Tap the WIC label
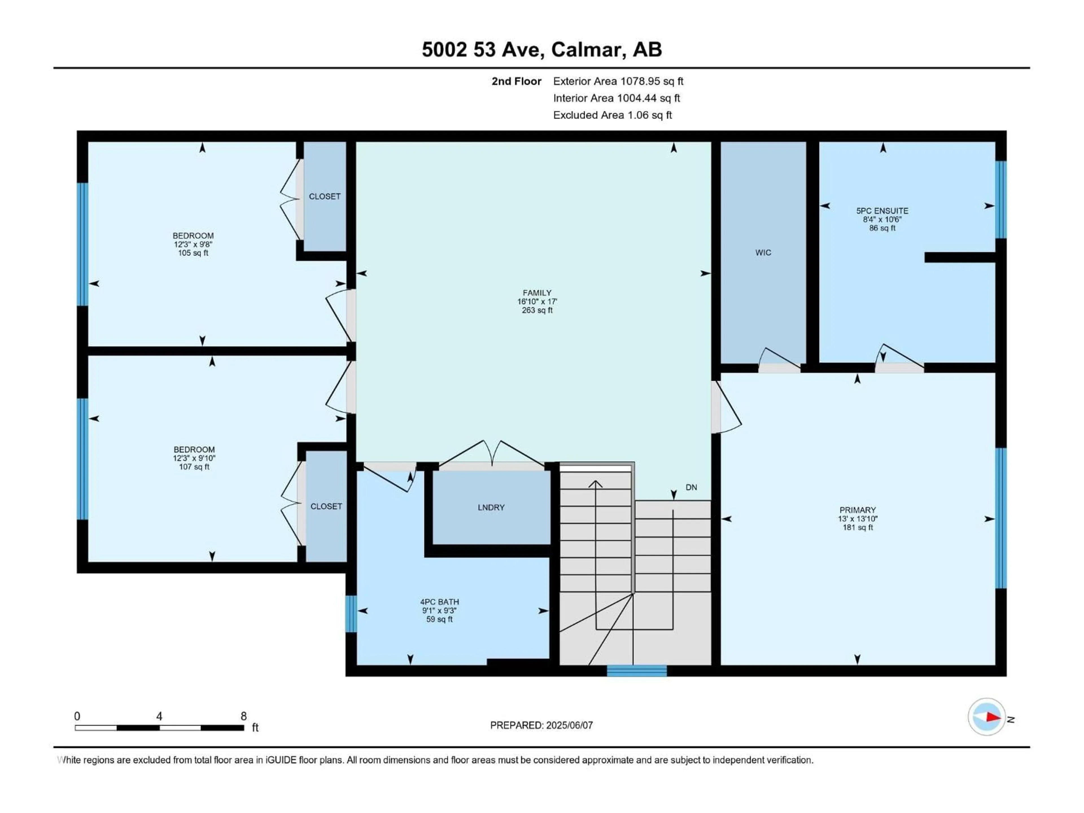click(x=763, y=252)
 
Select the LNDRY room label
click(x=491, y=507)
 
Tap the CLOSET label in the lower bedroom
click(x=326, y=506)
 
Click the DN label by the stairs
click(x=691, y=487)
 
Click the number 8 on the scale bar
click(x=244, y=716)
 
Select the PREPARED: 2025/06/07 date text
click(x=541, y=725)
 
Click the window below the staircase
click(x=637, y=670)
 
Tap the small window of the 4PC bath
click(x=351, y=613)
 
